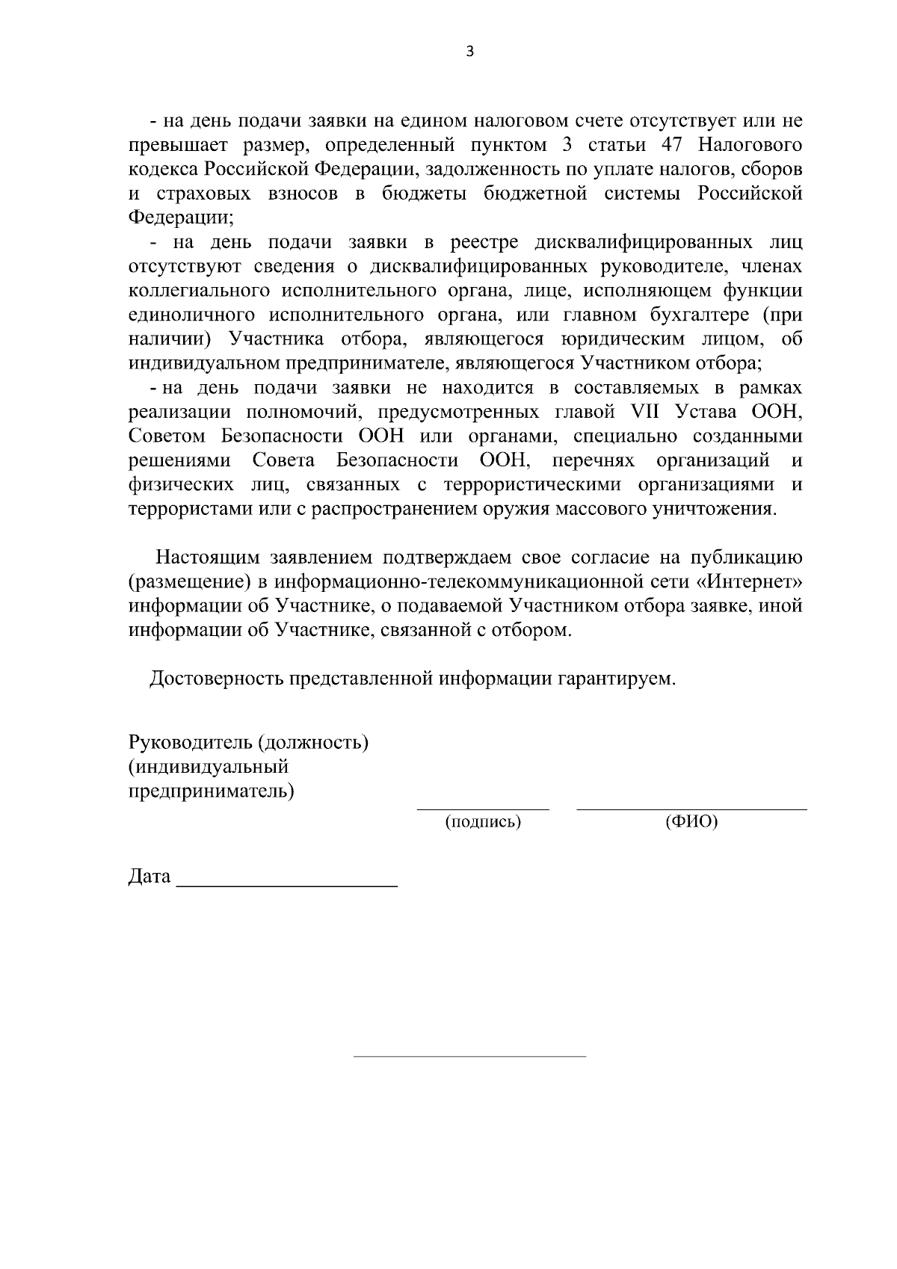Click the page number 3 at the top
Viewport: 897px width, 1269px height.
click(469, 52)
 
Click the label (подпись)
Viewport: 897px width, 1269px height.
click(483, 823)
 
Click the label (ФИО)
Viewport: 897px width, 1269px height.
click(691, 823)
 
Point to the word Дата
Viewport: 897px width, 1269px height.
click(149, 876)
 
